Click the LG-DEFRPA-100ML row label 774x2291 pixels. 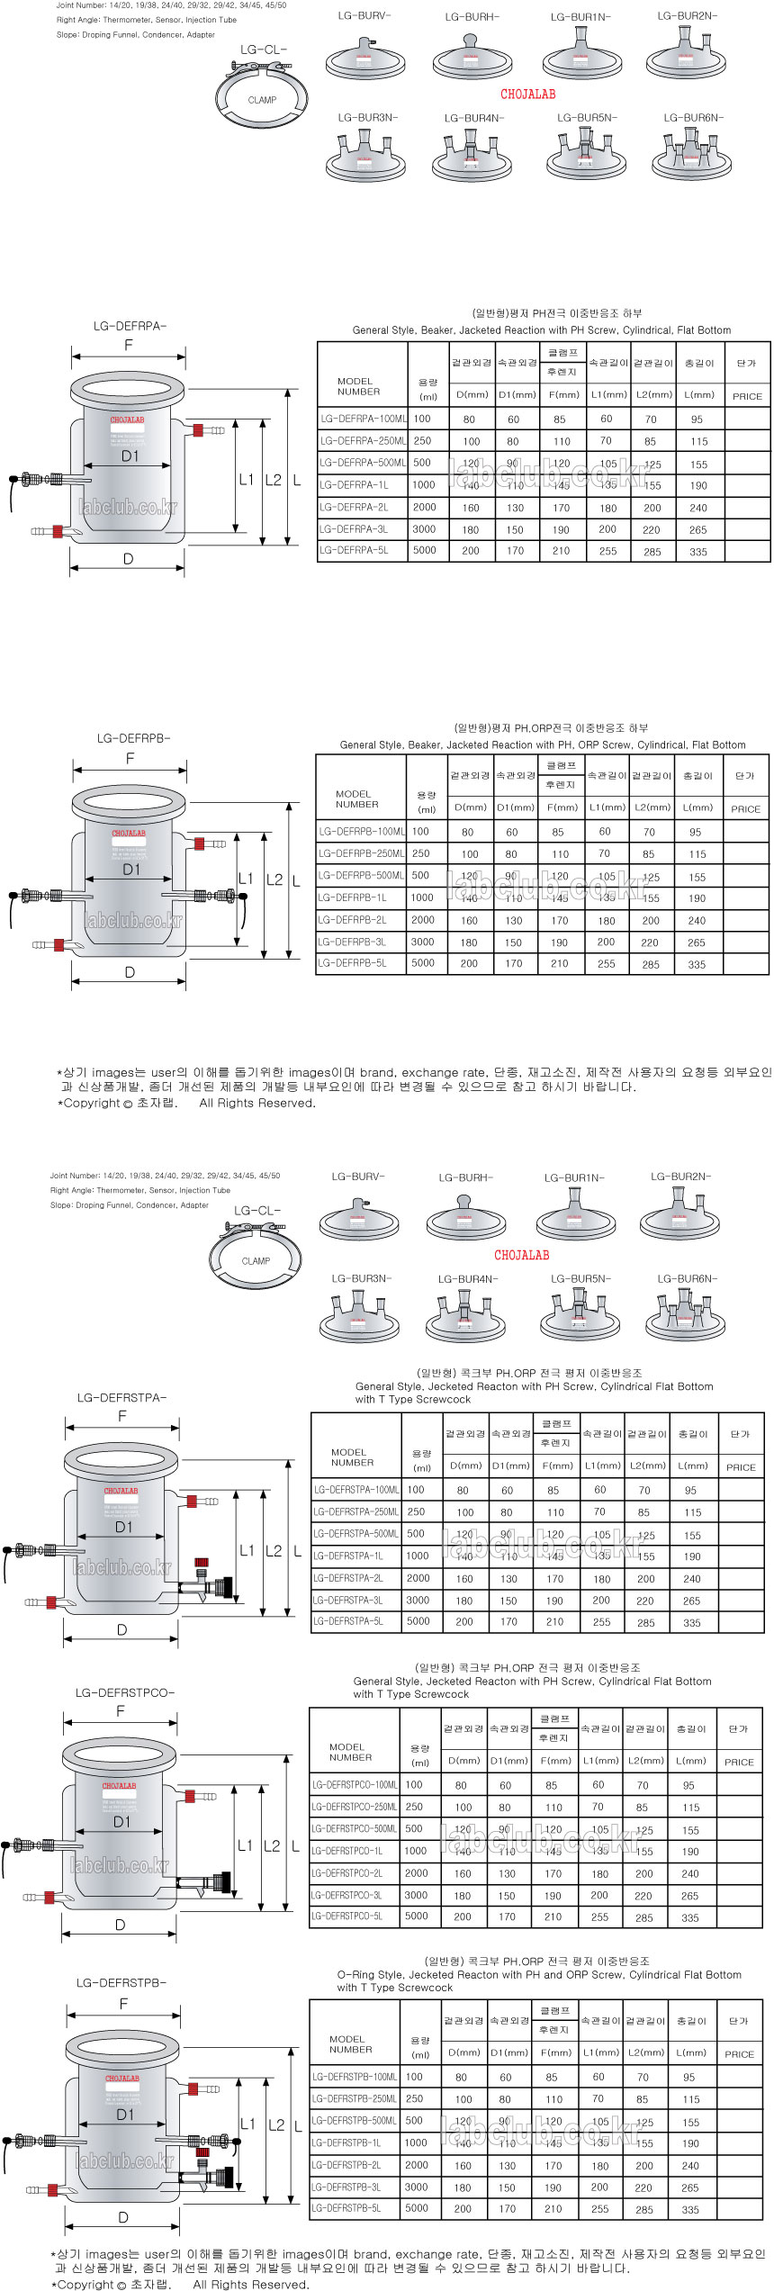363,419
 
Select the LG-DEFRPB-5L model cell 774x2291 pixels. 353,962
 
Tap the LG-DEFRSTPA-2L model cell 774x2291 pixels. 348,1577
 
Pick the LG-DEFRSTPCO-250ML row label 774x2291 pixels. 354,1806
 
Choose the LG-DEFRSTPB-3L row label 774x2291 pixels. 346,2187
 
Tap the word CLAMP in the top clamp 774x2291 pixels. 262,100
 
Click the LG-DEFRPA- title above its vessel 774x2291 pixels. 130,326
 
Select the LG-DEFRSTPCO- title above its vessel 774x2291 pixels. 125,1692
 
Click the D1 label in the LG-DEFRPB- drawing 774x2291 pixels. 131,870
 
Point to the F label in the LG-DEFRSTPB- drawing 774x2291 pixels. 123,2004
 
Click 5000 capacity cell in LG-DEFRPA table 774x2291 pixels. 425,550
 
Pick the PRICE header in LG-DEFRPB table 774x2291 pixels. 745,808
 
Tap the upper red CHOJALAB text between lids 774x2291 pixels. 527,94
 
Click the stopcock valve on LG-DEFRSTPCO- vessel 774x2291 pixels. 214,1881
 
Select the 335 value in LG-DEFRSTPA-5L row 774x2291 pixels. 691,1622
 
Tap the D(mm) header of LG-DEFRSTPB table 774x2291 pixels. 464,2052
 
